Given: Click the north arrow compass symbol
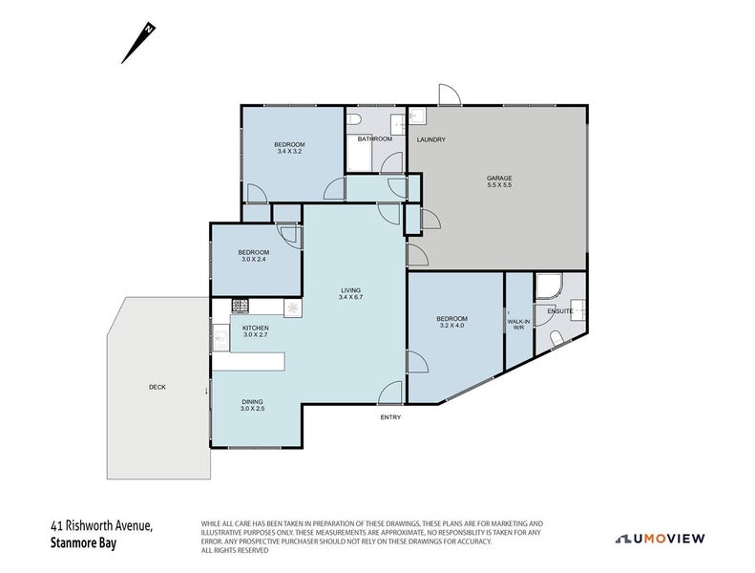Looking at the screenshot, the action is tap(138, 43).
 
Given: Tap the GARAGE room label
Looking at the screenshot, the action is tap(499, 178).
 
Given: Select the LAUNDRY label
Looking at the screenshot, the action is tap(430, 139).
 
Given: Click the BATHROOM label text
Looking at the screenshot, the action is tap(374, 138).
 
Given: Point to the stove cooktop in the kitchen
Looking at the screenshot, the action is tap(241, 305).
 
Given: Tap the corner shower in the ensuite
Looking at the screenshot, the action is tap(549, 286).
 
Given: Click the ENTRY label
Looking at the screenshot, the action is tap(390, 417).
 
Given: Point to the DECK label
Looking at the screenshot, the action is tap(157, 387).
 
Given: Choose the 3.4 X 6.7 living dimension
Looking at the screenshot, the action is tap(350, 297).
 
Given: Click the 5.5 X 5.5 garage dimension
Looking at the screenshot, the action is tap(499, 184).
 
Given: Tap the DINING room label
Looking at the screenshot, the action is tap(252, 402).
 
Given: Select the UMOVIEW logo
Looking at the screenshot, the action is tap(661, 539).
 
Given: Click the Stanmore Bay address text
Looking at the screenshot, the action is tap(83, 543).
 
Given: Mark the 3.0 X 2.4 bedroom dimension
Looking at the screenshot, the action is tap(254, 259).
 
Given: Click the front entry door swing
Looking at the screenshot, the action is tap(390, 393).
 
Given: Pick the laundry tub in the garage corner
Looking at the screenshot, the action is tap(417, 116).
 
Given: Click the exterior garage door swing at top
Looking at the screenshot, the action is tap(450, 95).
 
